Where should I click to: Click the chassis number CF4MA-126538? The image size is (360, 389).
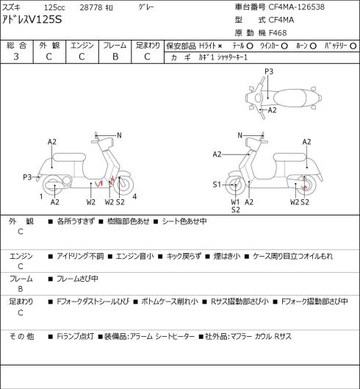pos(297,7)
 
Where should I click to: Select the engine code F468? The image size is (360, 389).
pos(278,33)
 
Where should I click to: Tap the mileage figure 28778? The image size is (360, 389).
pos(91,7)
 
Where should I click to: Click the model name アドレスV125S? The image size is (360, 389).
pos(32,20)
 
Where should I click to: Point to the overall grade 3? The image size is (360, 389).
pos(16,57)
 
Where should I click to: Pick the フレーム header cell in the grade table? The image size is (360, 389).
pos(115,46)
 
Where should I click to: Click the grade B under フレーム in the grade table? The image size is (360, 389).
pos(115,57)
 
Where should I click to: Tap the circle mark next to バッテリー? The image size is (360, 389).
pos(353,46)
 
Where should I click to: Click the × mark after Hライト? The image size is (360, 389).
pos(220,46)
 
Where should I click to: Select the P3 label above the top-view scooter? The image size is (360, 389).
pos(269,71)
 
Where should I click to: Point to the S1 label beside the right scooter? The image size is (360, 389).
pos(217,185)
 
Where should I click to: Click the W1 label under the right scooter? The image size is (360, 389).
pos(235,202)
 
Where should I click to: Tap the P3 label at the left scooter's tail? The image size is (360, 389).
pos(27,177)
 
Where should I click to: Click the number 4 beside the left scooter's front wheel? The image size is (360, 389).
pos(134,197)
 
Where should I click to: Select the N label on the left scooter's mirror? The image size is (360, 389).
pos(119,135)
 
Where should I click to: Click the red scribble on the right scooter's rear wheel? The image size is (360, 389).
pos(304,187)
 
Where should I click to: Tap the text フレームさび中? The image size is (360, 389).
pos(77,279)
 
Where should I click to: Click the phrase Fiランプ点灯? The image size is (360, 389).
pos(75,336)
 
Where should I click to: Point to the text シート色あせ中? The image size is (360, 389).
pos(184,221)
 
